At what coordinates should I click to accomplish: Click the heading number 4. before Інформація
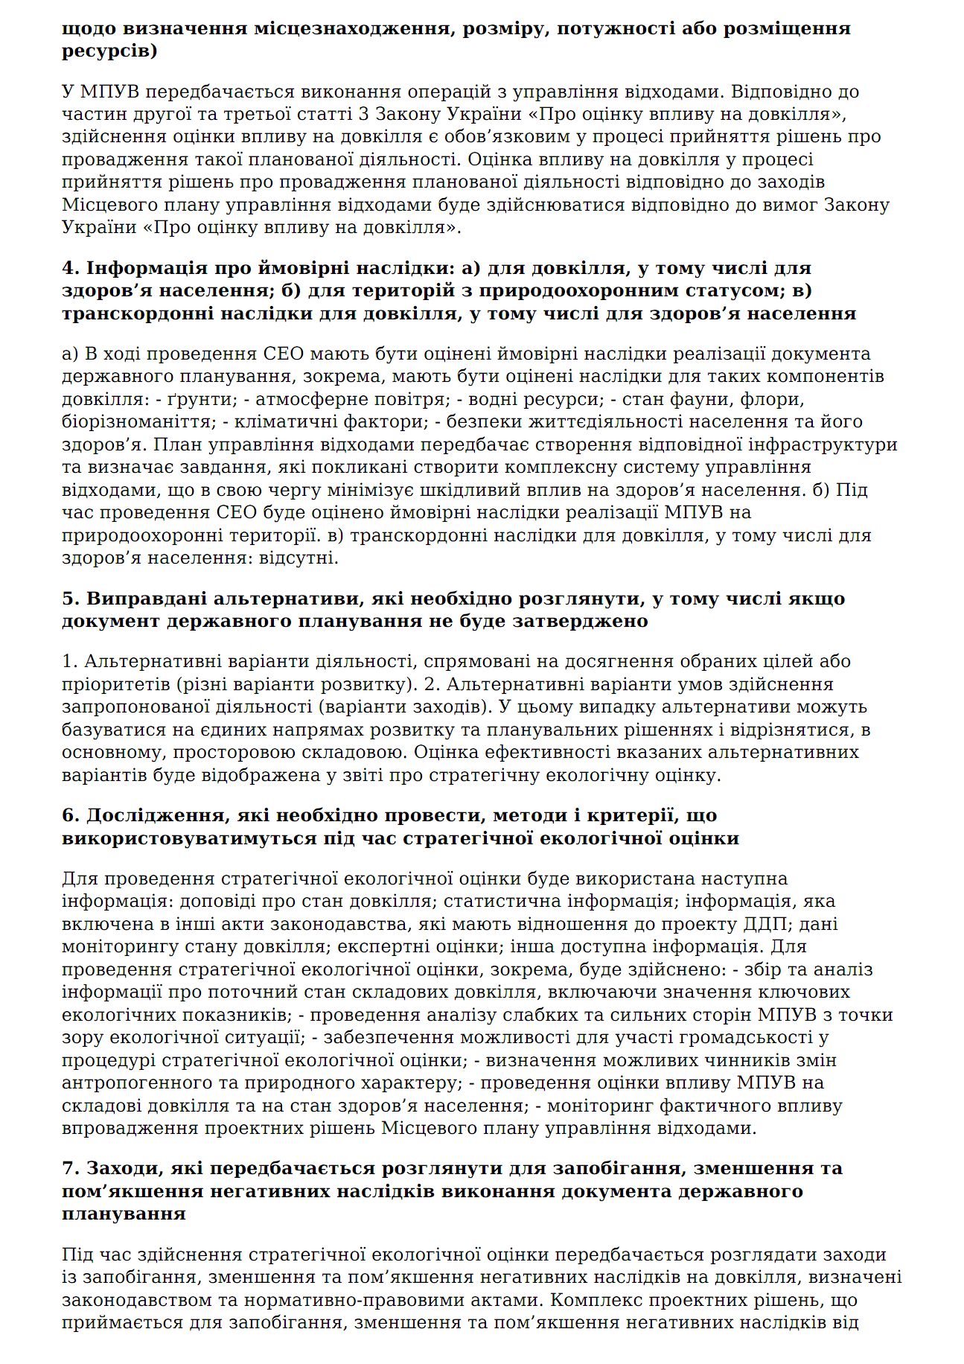71,268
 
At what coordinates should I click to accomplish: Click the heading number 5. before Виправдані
71,599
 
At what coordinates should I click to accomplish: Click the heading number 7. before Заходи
71,1168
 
